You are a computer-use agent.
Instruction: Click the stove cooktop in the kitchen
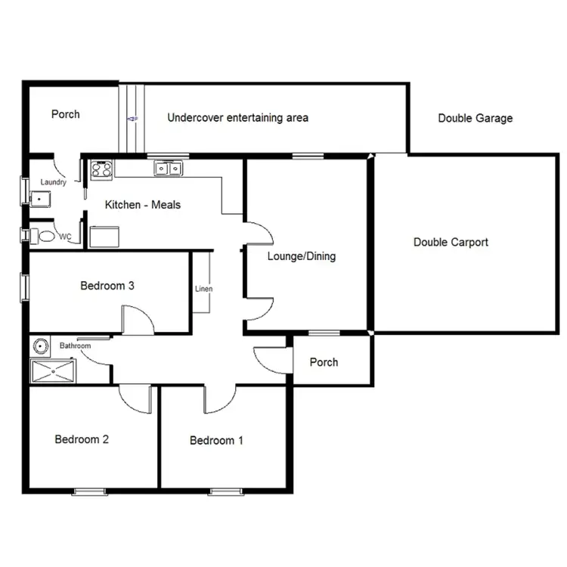102,169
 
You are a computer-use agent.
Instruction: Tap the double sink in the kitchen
168,169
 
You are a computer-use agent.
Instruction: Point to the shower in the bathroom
53,370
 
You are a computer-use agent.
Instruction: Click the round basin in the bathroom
41,346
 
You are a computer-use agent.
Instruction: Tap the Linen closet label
203,289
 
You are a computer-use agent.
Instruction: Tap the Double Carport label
451,243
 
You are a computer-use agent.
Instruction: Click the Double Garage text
475,118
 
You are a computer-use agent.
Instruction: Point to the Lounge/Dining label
301,256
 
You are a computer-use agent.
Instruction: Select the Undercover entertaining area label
237,117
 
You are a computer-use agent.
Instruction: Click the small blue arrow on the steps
132,119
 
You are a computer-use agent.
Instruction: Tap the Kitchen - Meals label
143,204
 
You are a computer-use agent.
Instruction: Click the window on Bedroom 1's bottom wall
223,491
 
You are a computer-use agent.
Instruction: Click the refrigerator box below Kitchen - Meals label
104,237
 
